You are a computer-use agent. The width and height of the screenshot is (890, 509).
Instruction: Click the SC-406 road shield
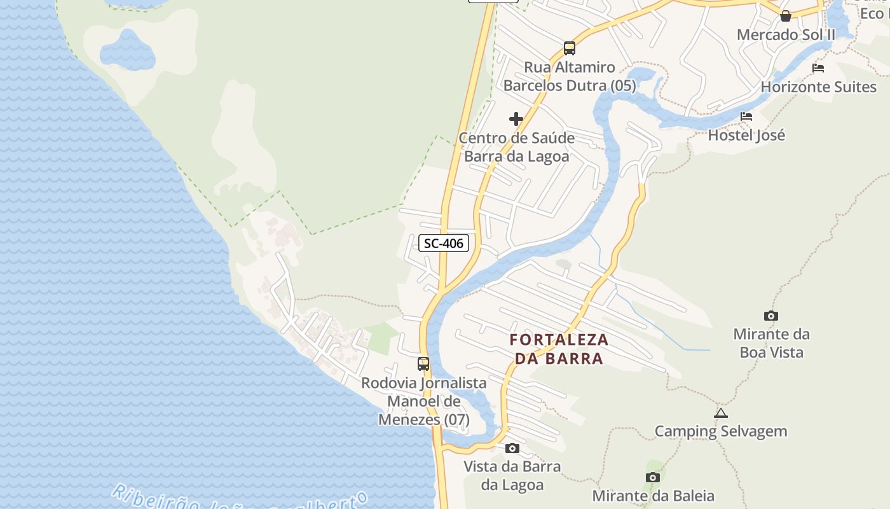point(444,243)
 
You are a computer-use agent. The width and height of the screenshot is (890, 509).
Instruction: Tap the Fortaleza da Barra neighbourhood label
point(559,349)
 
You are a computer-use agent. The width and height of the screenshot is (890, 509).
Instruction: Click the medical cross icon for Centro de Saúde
point(516,119)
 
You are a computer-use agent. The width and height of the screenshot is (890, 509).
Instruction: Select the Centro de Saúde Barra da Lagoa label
point(516,147)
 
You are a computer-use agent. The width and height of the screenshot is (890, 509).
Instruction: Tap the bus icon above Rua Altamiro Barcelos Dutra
point(570,48)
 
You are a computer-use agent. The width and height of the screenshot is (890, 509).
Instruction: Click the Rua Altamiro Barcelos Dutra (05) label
point(570,76)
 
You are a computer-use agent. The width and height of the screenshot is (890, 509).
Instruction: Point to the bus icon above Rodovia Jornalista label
point(423,364)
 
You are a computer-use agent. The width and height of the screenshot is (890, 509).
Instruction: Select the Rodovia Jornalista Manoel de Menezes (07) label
point(424,401)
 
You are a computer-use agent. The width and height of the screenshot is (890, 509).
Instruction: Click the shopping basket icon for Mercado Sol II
point(786,16)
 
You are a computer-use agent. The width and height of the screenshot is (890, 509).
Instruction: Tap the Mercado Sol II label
point(786,34)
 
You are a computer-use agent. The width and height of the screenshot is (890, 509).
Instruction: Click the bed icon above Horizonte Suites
point(818,68)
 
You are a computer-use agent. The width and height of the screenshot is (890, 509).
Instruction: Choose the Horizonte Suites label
point(819,87)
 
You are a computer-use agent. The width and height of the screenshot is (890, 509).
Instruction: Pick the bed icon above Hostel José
point(746,116)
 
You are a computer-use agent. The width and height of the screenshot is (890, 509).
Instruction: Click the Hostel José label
point(746,135)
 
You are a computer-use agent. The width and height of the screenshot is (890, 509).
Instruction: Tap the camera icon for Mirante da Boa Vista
point(771,316)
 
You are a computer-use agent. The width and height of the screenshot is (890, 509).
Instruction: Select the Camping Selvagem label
point(721,431)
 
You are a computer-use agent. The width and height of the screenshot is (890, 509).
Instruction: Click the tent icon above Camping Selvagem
point(720,413)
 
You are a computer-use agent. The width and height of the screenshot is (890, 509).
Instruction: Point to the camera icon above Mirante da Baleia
point(653,477)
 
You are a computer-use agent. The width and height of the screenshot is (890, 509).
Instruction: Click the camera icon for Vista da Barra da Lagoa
point(512,449)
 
